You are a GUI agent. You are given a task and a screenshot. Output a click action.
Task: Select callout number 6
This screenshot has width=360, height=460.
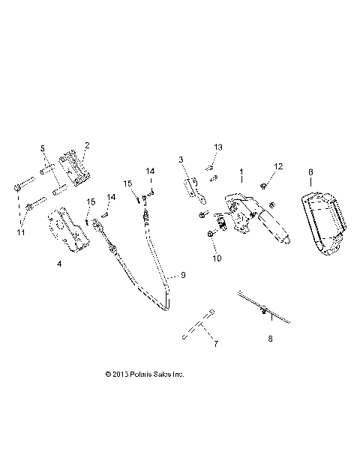pos(310,172)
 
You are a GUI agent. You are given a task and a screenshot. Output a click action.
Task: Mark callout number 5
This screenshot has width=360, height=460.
pos(43,148)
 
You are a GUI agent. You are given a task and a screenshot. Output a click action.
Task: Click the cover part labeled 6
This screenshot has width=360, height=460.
pos(324,223)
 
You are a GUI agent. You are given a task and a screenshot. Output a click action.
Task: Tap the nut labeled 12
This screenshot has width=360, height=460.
pos(265,184)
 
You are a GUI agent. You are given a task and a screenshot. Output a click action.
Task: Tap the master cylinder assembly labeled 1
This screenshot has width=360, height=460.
pos(255,217)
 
